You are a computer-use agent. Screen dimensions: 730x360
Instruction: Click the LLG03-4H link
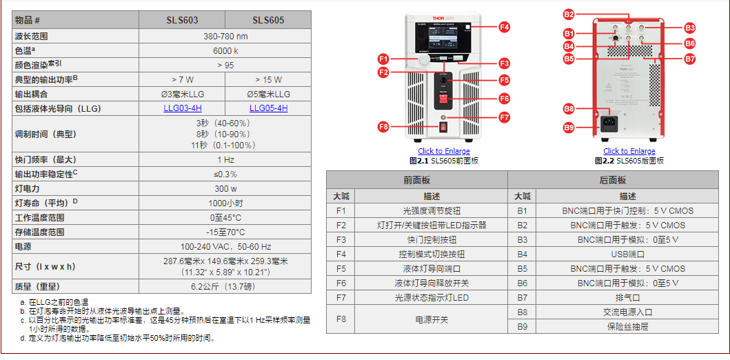pyautogui.click(x=183, y=108)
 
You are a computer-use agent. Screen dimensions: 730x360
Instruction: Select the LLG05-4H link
pyautogui.click(x=269, y=108)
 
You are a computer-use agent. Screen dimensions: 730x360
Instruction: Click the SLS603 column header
pyautogui.click(x=183, y=20)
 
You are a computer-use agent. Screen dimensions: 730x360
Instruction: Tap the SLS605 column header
pyautogui.click(x=269, y=20)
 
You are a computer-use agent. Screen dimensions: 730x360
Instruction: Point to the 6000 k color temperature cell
pyautogui.click(x=225, y=51)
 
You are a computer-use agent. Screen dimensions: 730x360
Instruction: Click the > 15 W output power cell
pyautogui.click(x=269, y=79)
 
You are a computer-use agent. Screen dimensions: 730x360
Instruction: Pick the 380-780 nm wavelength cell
pyautogui.click(x=225, y=37)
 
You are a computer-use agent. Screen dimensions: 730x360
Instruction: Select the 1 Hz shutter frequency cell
pyautogui.click(x=225, y=160)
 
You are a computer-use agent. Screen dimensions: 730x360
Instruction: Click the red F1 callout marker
pyautogui.click(x=383, y=59)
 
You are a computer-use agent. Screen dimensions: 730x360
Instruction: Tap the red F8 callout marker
pyautogui.click(x=383, y=126)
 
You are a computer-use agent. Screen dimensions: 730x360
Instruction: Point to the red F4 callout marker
pyautogui.click(x=505, y=27)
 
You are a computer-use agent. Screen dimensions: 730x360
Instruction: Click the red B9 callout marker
pyautogui.click(x=569, y=127)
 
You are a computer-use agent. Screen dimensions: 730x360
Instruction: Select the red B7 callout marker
pyautogui.click(x=690, y=59)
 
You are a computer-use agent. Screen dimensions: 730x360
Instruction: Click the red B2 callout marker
pyautogui.click(x=569, y=14)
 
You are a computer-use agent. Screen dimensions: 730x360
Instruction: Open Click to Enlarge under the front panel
pyautogui.click(x=444, y=151)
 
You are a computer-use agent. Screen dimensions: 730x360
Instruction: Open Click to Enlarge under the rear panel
pyautogui.click(x=629, y=151)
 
